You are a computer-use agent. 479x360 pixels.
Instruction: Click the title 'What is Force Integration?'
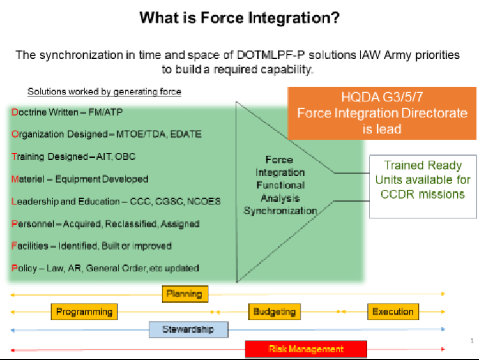[239, 18]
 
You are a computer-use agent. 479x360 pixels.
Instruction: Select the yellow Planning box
[185, 294]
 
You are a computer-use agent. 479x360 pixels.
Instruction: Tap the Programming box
[84, 311]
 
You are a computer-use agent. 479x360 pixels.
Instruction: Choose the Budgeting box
[275, 311]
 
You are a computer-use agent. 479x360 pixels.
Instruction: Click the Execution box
[393, 311]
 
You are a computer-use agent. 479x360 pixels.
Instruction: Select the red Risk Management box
[306, 349]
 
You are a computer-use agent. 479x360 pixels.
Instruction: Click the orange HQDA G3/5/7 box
[382, 113]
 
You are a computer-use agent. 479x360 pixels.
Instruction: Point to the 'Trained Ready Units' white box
[423, 180]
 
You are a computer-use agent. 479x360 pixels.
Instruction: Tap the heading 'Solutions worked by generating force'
[104, 92]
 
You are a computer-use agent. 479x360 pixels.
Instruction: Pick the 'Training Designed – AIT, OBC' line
[73, 156]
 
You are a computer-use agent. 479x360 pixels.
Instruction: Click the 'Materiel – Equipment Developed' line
[80, 179]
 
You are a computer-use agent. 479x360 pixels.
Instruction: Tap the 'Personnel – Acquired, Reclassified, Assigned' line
[105, 223]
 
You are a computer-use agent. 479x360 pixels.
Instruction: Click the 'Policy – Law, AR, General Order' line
[105, 268]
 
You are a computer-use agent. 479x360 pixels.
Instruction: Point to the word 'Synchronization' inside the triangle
[280, 211]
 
